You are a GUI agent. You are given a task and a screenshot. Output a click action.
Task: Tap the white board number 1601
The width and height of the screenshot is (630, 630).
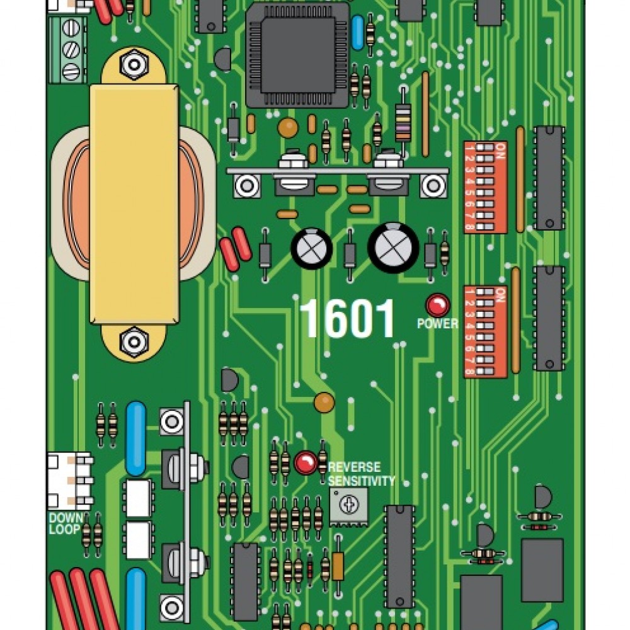[x=347, y=319]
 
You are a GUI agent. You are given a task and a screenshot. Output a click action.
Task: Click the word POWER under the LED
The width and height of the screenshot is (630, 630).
[x=437, y=324]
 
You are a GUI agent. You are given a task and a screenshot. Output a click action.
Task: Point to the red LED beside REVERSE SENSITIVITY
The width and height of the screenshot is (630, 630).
[x=306, y=463]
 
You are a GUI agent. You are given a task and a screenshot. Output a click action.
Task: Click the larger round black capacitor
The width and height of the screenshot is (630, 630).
[x=393, y=247]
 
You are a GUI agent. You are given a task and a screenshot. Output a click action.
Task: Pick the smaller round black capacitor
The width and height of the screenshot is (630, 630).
[x=311, y=248]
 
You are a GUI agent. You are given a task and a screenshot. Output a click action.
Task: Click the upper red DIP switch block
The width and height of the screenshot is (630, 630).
[x=485, y=187]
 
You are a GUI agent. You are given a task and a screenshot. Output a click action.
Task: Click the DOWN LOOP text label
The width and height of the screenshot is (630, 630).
[x=65, y=523]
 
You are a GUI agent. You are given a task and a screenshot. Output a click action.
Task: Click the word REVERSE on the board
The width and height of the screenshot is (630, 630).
[x=354, y=467]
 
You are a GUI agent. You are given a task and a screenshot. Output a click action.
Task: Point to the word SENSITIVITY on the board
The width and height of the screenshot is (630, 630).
[x=361, y=481]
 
